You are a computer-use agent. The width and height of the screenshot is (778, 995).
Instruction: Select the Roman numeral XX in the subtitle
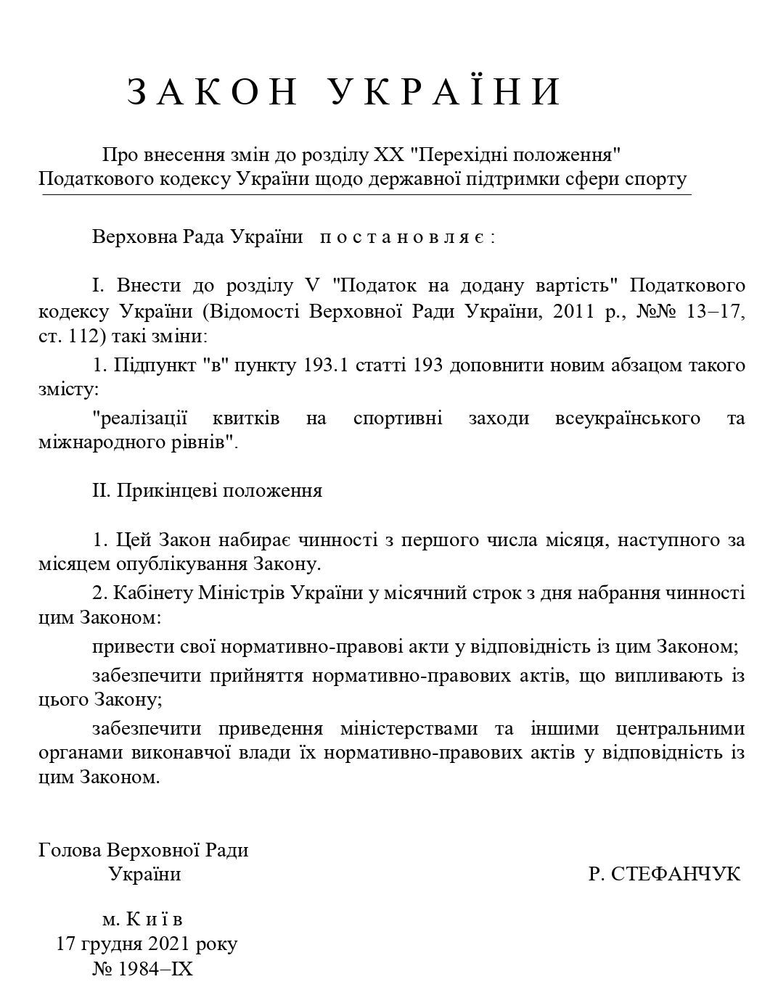387,155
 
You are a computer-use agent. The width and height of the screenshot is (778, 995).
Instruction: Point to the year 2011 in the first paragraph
575,312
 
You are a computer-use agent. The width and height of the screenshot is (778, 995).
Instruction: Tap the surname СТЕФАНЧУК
665,874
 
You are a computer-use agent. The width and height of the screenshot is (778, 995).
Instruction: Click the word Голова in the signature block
70,849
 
